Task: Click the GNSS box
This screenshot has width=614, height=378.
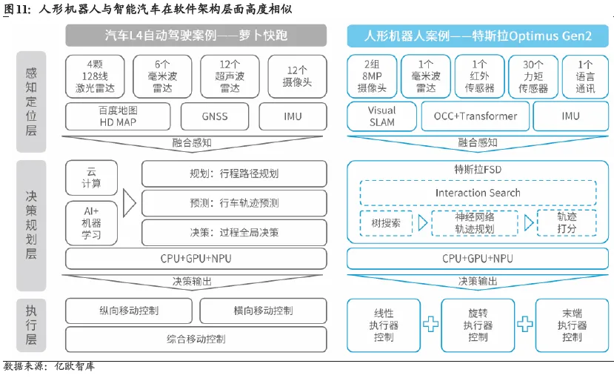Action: [x=214, y=116]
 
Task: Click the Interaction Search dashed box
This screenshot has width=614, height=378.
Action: [x=477, y=193]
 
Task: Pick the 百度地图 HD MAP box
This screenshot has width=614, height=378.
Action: [x=119, y=116]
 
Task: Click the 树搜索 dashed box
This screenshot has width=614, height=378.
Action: [x=385, y=222]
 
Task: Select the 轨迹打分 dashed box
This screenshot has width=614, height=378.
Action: [x=567, y=222]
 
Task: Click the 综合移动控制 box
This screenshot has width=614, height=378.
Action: [x=196, y=339]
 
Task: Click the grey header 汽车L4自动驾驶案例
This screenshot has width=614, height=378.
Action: [x=196, y=36]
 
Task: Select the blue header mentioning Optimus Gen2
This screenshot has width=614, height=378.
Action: [x=477, y=36]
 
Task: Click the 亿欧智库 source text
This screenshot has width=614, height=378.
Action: [x=75, y=367]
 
